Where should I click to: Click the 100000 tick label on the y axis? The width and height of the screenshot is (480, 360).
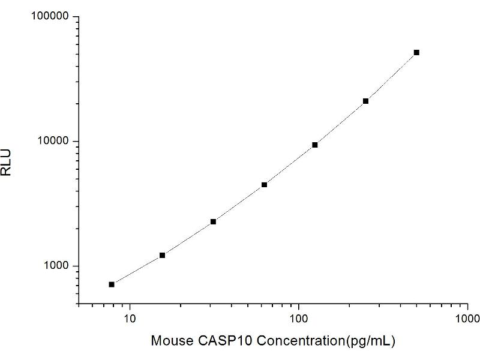pos(50,17)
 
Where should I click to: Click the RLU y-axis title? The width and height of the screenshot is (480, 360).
pos(7,161)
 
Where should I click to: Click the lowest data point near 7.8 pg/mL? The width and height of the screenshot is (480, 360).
pos(112,284)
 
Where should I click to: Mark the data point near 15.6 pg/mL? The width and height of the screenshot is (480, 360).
pos(162,256)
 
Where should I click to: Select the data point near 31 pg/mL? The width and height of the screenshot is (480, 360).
pos(213,222)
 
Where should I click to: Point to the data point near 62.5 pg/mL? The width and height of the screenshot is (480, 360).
pos(264,185)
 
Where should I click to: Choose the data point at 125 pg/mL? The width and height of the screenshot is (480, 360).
pos(315,145)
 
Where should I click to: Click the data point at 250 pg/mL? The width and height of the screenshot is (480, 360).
pos(365,101)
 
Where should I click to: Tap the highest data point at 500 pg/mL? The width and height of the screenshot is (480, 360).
pos(416,52)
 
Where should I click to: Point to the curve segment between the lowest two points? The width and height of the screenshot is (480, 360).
pos(137,271)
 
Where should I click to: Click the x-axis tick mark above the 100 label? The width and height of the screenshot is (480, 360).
pos(298,302)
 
